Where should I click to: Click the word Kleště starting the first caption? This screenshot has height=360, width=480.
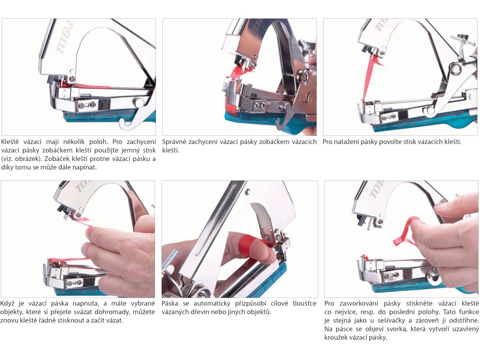tap(10, 142)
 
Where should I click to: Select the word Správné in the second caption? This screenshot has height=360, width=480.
tap(174, 142)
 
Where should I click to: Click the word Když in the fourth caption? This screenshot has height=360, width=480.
tap(7, 304)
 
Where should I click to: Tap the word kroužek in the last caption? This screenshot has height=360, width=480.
tap(336, 337)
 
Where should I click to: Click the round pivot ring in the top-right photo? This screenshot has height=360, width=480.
tap(455, 69)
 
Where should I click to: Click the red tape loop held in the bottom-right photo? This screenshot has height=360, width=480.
tap(406, 231)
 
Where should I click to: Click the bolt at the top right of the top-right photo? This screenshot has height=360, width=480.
tap(463, 41)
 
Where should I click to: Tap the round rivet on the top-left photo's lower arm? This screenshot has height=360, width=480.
tap(139, 102)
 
